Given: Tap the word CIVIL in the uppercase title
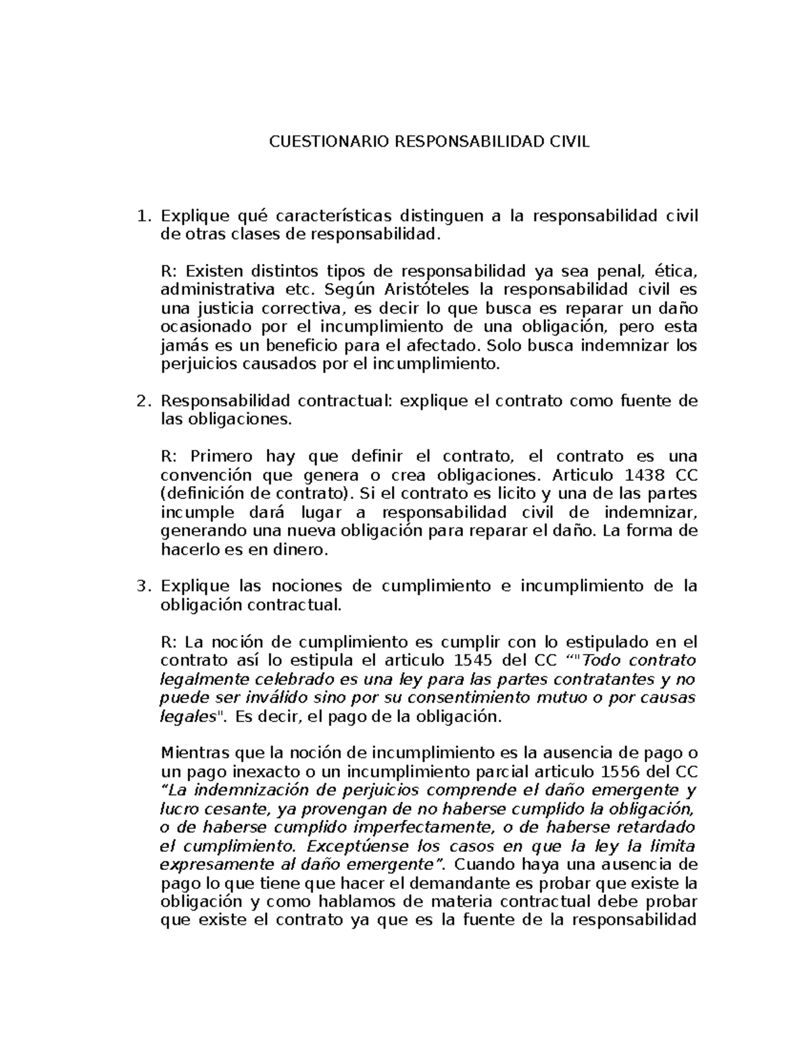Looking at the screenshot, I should click(x=567, y=143).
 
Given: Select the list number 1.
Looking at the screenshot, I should click(x=142, y=216).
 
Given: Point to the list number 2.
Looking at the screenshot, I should click(x=142, y=401).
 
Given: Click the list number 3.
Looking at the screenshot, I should click(x=142, y=586).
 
